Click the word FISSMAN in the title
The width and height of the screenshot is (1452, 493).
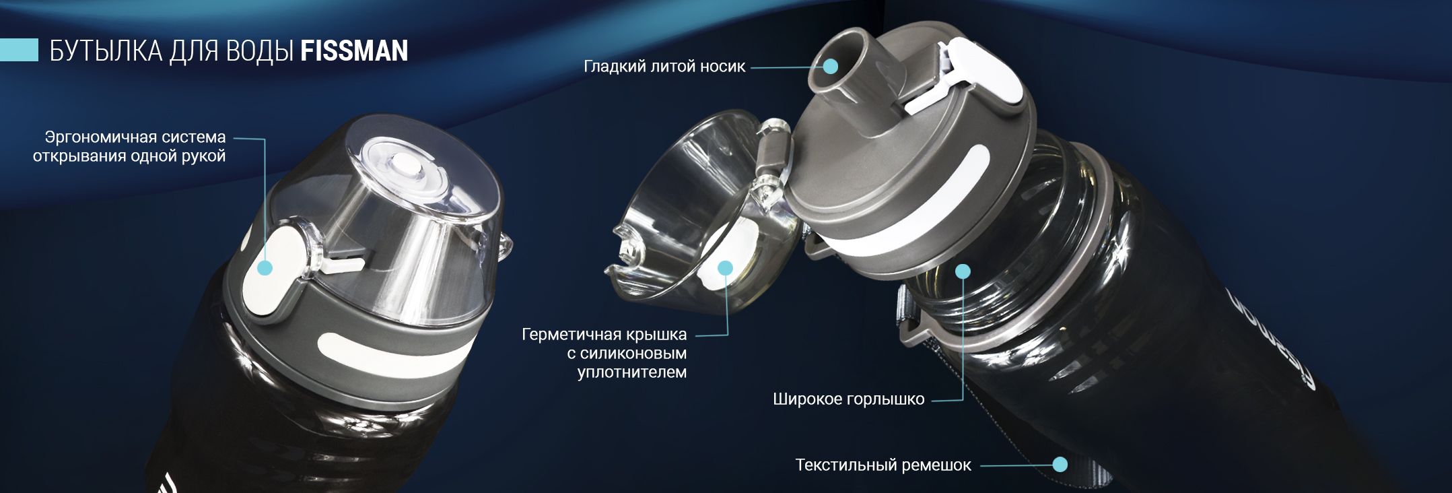(354, 51)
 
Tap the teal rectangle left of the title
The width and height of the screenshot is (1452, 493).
(19, 51)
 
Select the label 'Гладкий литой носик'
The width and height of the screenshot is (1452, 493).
(664, 67)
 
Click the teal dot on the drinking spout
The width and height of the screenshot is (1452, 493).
(831, 67)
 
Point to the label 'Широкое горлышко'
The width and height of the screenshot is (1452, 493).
(848, 399)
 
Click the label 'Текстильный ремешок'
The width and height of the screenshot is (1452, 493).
(883, 465)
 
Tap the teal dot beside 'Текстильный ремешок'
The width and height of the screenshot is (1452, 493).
(1060, 465)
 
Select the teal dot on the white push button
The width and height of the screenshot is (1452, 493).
(265, 268)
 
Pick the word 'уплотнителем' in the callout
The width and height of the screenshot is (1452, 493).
(632, 372)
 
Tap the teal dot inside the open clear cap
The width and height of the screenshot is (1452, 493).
(725, 268)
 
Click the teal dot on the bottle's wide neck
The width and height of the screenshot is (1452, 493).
(963, 271)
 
